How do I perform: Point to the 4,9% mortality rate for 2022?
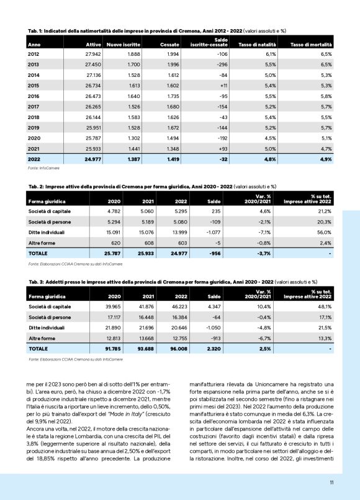325,159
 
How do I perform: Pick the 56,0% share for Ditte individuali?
325,232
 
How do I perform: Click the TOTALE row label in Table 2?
40,254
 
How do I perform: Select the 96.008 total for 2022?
178,349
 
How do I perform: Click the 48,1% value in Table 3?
325,306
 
